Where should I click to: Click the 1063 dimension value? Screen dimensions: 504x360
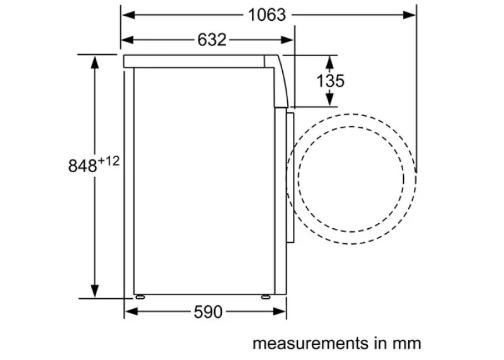pos(266,15)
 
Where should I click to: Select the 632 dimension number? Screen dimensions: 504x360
pos(212,40)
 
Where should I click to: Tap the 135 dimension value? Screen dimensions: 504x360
pos(330,81)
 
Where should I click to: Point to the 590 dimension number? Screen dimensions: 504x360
pos(208,311)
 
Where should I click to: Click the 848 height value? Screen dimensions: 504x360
pos(83,166)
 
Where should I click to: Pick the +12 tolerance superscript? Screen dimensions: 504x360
pos(108,161)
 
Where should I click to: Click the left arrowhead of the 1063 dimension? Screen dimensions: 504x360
pos(128,15)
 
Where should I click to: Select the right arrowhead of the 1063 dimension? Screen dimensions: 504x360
pos(409,15)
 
